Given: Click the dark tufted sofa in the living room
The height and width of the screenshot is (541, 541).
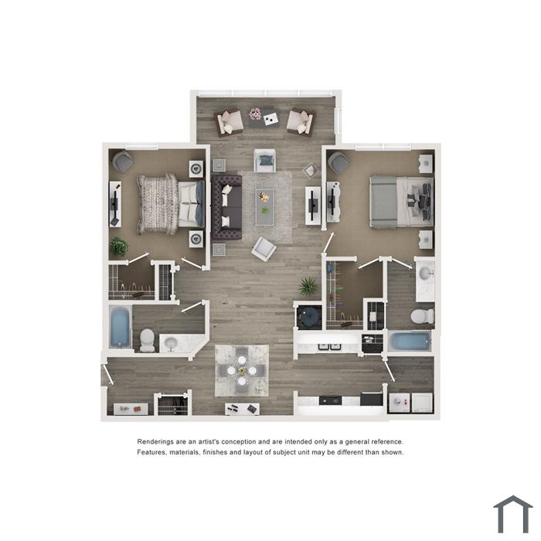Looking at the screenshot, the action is [x=226, y=207].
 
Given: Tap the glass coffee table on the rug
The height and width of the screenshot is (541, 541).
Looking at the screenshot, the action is [x=264, y=207].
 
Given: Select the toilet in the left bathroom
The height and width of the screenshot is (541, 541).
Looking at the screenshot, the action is [x=148, y=341].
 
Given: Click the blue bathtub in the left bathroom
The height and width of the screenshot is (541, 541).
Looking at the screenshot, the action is [x=120, y=327].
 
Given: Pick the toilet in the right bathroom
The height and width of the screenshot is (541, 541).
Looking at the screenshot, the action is [x=423, y=316].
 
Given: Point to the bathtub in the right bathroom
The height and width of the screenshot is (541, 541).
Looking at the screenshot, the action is [x=410, y=342].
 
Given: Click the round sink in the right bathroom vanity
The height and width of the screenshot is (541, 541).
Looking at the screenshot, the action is [x=425, y=274].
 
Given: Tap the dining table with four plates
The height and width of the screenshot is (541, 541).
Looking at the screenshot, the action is [x=242, y=370].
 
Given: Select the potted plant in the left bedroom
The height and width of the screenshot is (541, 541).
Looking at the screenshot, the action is [x=119, y=247].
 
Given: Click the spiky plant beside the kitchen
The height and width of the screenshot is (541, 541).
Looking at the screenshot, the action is [x=308, y=286].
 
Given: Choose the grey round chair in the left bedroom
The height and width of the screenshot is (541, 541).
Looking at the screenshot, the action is [x=123, y=162].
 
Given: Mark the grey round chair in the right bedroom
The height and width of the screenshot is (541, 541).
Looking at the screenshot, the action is [x=339, y=162].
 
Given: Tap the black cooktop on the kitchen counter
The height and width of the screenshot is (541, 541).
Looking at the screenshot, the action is [x=330, y=400].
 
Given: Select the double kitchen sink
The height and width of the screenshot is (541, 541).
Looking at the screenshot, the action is [x=329, y=346].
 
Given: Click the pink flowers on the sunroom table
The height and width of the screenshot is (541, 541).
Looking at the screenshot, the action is [x=255, y=114].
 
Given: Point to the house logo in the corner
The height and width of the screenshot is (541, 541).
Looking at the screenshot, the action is [x=513, y=514].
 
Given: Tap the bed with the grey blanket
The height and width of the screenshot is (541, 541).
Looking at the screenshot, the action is [x=401, y=202].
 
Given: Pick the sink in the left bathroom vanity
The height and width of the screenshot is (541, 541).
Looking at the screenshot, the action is [x=171, y=343].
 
